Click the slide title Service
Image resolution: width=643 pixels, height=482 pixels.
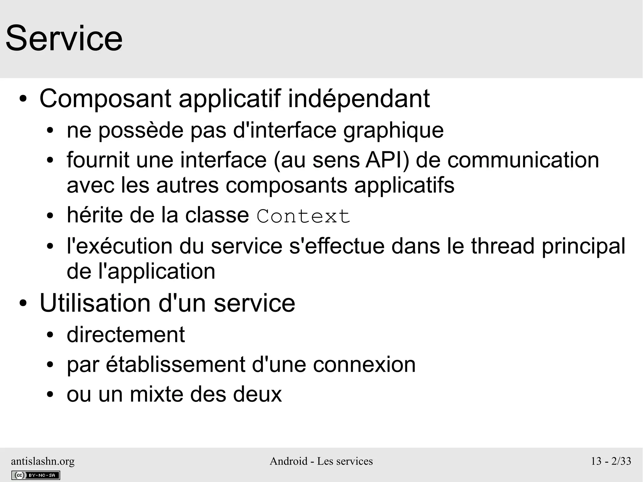click(64, 39)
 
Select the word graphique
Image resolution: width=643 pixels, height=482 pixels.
click(393, 131)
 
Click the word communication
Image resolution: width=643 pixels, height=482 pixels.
click(523, 160)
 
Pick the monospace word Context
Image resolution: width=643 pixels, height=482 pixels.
click(303, 216)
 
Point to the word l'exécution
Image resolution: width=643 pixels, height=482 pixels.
click(120, 246)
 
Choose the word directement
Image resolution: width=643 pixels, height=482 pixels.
click(126, 335)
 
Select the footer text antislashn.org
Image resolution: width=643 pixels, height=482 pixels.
click(43, 461)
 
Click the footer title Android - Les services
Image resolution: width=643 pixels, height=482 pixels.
click(321, 461)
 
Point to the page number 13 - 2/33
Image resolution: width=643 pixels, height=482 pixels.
click(611, 461)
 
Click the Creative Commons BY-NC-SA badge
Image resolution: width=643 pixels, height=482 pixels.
click(35, 475)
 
